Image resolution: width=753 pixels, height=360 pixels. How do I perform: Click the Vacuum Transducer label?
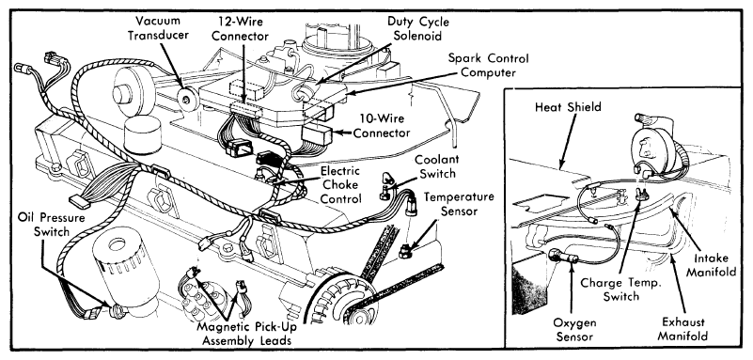157,28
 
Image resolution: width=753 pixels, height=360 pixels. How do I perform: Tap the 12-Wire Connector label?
240,29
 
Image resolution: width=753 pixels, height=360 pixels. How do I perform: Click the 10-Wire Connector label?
382,126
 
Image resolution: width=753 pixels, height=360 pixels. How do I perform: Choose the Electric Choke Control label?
340,185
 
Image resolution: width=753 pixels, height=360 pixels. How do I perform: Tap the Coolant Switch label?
436,166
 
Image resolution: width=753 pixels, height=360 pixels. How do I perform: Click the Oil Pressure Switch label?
52,224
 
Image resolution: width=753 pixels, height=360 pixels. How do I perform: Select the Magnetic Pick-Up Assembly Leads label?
246,334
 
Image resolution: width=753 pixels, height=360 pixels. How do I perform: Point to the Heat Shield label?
568,106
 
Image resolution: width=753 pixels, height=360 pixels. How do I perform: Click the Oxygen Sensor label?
574,329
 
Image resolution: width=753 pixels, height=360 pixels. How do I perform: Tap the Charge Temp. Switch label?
621,290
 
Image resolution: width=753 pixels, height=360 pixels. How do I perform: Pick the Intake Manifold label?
711,265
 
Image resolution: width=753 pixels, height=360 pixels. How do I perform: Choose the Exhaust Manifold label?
682,328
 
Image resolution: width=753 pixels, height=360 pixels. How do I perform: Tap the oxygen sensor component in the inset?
562,258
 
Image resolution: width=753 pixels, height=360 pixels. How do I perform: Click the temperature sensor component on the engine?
406,249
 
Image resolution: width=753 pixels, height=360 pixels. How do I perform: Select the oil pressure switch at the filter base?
116,311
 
